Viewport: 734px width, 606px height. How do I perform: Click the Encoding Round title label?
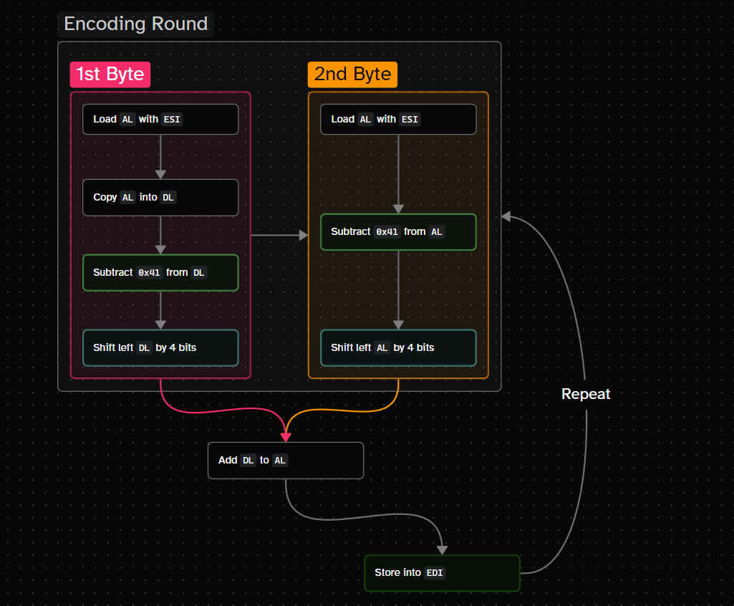[135, 24]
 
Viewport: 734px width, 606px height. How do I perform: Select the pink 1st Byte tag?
[110, 74]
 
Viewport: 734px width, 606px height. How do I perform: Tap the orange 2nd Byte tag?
[352, 74]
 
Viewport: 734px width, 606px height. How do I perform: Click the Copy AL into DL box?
[160, 197]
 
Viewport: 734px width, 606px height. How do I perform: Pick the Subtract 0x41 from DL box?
[160, 272]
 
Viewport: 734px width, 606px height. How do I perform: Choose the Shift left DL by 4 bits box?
[160, 347]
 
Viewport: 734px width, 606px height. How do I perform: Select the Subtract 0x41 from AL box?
[398, 232]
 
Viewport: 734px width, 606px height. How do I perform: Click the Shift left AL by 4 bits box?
[398, 347]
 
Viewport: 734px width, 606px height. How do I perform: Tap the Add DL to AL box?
[286, 460]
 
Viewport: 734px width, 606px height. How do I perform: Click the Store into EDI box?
[442, 573]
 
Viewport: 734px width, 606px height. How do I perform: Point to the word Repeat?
[586, 394]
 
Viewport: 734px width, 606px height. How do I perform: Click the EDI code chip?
[434, 573]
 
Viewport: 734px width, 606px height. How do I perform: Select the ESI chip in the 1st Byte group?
[172, 119]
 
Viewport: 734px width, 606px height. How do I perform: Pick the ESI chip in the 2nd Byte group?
[410, 119]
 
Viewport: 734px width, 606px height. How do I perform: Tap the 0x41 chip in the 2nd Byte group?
[387, 232]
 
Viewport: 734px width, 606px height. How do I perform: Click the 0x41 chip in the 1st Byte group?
[149, 272]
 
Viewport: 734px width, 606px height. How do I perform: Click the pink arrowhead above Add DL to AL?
[286, 436]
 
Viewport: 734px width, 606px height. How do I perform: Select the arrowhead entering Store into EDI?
[442, 549]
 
